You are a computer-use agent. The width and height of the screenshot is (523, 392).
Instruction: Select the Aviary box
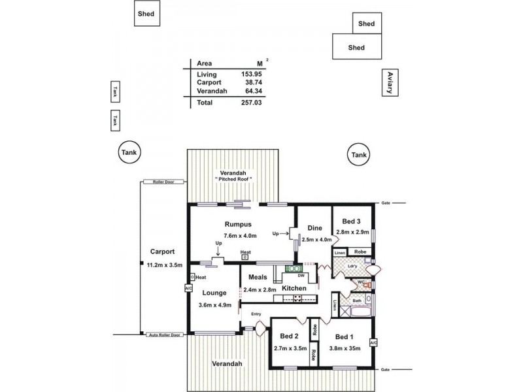click(390, 83)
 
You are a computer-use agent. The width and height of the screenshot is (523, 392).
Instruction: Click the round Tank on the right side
click(359, 155)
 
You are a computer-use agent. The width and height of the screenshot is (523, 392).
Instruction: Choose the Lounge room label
click(214, 293)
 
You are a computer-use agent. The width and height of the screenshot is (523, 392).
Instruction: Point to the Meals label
click(257, 278)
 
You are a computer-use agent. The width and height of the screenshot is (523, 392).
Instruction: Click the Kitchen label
click(294, 288)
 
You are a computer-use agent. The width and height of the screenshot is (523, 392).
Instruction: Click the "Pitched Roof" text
click(233, 178)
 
